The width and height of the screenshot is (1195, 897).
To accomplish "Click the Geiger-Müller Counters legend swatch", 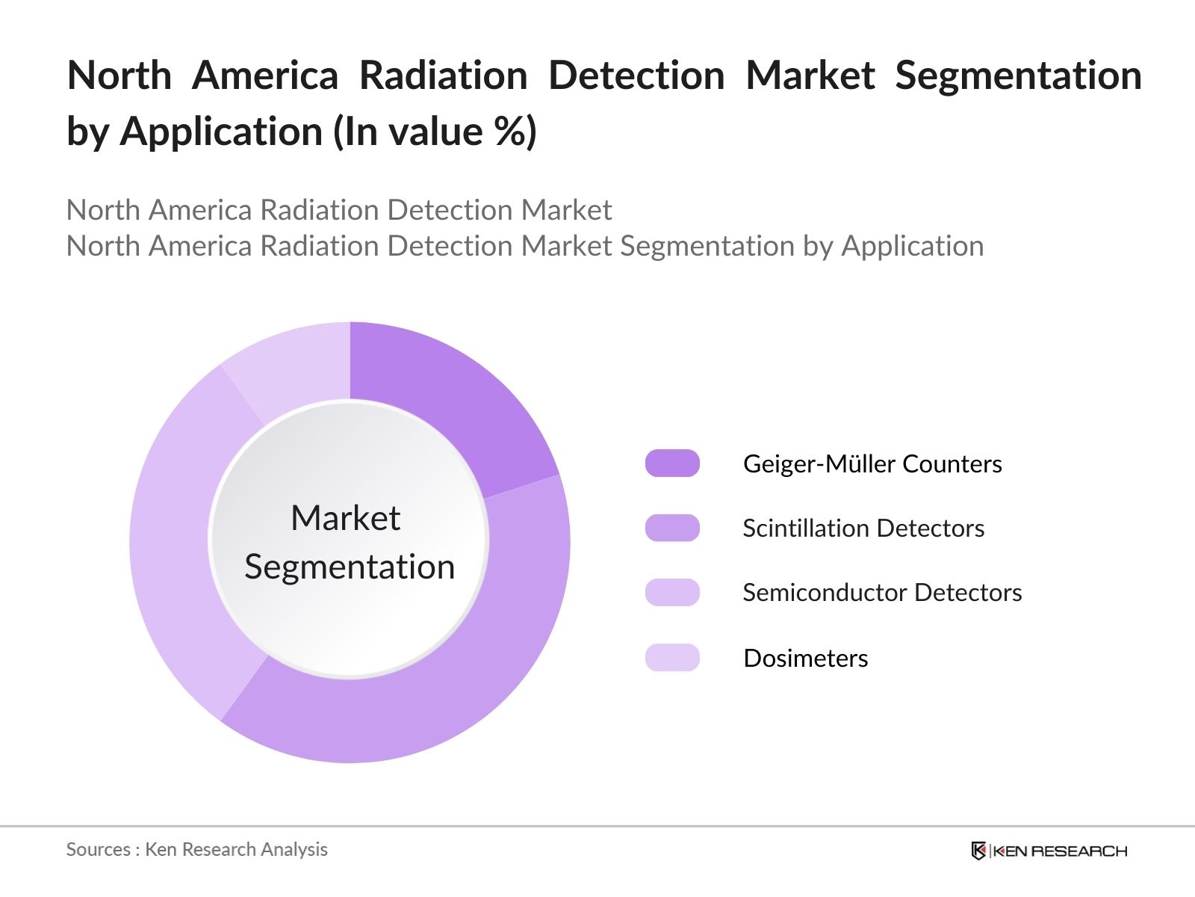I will (x=672, y=463).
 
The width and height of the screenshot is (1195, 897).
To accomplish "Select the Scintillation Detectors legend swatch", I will (x=672, y=528).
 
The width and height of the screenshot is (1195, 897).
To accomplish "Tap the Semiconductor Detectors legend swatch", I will (x=672, y=592).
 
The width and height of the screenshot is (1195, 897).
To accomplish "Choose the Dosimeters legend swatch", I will (x=672, y=658).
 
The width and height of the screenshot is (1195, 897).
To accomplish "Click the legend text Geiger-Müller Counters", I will (x=872, y=463).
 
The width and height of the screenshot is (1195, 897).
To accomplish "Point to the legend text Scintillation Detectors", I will (x=863, y=528).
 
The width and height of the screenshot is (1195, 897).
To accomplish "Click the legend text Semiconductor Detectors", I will (x=882, y=592).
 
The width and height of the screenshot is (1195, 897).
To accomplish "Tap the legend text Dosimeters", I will (x=806, y=658).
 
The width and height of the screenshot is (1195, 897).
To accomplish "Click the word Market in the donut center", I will (x=345, y=517).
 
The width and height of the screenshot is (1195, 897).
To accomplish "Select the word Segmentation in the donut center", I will (x=350, y=567).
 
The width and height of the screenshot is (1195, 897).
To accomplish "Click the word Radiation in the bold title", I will (x=444, y=75).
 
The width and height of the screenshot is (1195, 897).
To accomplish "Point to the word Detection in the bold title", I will (x=636, y=75).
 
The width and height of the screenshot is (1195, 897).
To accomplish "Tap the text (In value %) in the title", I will (x=435, y=132).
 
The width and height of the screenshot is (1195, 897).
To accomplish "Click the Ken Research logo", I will (x=1049, y=851).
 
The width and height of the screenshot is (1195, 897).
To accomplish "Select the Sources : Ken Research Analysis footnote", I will (x=197, y=849).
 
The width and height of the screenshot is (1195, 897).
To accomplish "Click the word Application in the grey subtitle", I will (x=913, y=246).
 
